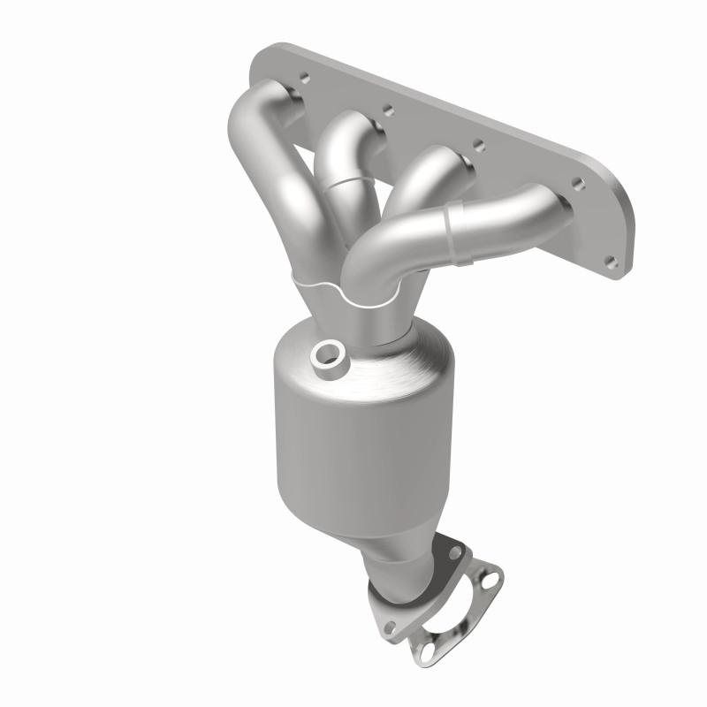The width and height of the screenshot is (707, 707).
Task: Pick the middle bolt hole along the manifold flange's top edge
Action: click(477, 144)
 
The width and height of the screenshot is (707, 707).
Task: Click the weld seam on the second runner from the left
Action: click(351, 185)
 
